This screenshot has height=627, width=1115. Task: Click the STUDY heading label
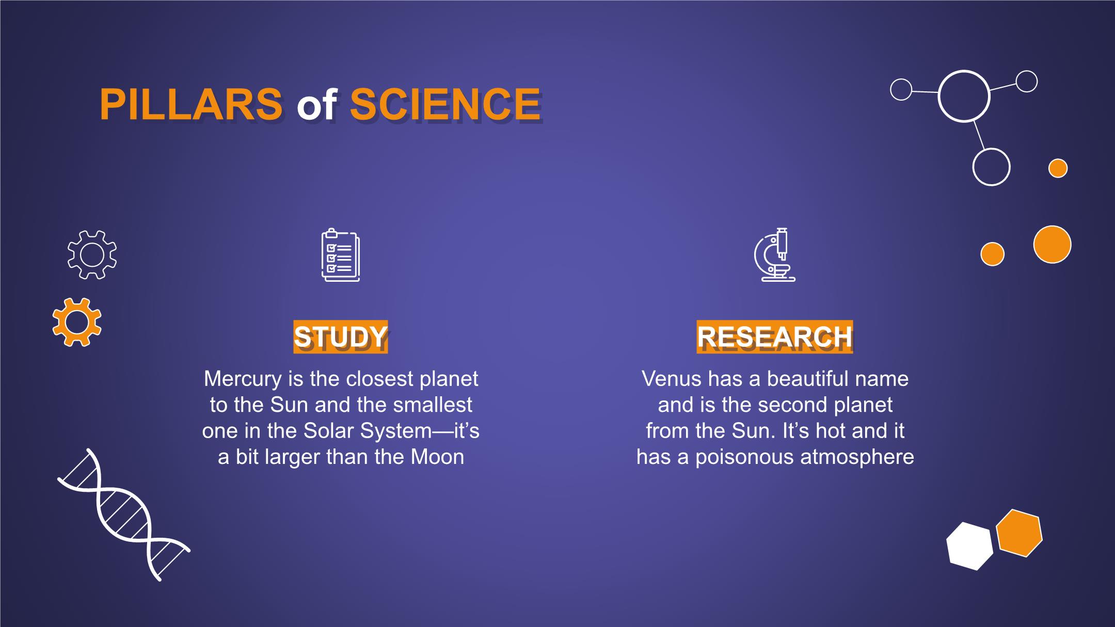(341, 337)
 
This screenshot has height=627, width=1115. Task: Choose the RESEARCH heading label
(775, 337)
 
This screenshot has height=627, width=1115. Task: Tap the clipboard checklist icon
(341, 255)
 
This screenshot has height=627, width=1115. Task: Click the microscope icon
(774, 255)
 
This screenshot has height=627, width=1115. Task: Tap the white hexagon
(969, 546)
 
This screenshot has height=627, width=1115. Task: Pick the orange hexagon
(1019, 533)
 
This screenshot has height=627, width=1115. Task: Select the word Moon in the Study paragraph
(437, 457)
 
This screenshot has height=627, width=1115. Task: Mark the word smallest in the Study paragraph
(433, 405)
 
